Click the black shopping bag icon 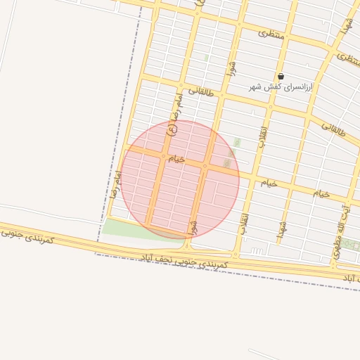(x=281, y=76)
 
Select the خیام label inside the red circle (x=176, y=160)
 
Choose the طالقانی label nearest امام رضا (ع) (x=200, y=91)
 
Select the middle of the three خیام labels (x=270, y=183)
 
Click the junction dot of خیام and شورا (x=205, y=167)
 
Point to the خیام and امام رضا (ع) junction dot (x=163, y=156)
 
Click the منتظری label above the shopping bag (x=271, y=33)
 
